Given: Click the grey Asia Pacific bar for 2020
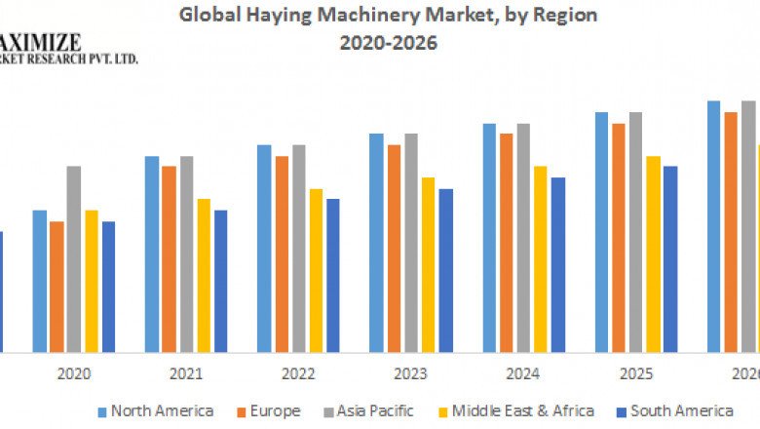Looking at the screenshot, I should (74, 258).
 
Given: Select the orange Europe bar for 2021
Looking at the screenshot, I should (170, 258).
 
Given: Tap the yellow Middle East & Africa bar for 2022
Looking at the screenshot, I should (316, 270).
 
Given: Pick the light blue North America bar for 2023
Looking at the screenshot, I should (376, 243).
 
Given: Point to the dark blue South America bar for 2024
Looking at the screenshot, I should (557, 264).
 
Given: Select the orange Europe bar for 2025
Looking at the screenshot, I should (619, 238).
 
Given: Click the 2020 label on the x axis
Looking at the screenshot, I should (74, 373).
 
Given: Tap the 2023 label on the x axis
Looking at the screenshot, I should (411, 373).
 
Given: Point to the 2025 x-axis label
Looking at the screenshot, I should (635, 373).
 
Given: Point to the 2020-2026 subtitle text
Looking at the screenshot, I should (388, 43).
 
